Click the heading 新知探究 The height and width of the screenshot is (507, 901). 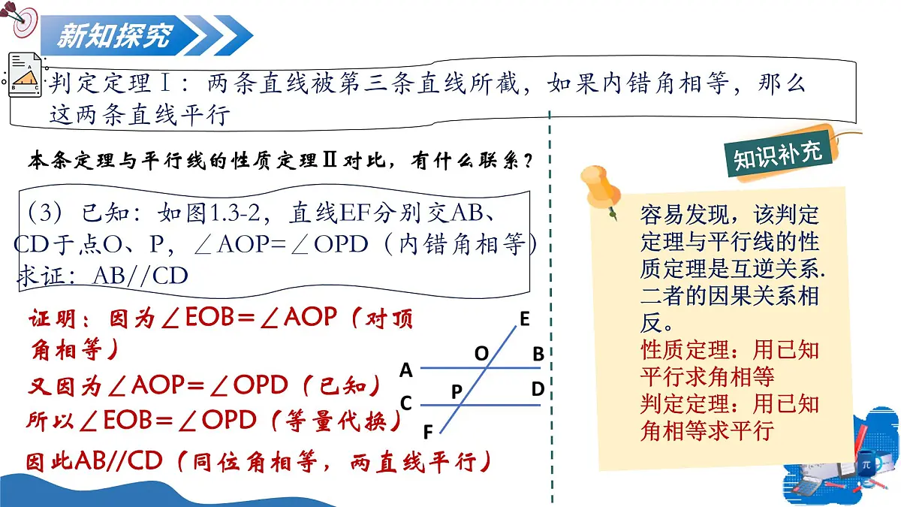(x=114, y=35)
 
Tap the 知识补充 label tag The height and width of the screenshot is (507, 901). (x=778, y=153)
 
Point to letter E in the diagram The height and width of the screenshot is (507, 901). (x=524, y=320)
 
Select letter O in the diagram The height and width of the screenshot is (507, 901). (x=481, y=353)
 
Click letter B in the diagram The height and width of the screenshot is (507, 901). (x=538, y=355)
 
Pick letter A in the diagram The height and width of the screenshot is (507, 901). (x=406, y=370)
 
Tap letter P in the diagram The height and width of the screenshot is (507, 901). (x=457, y=391)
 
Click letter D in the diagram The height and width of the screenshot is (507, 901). (x=538, y=389)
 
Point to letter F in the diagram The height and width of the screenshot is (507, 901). (x=428, y=432)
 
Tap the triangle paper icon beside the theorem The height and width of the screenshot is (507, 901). (x=25, y=74)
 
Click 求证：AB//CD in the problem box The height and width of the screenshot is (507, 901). (x=101, y=276)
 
